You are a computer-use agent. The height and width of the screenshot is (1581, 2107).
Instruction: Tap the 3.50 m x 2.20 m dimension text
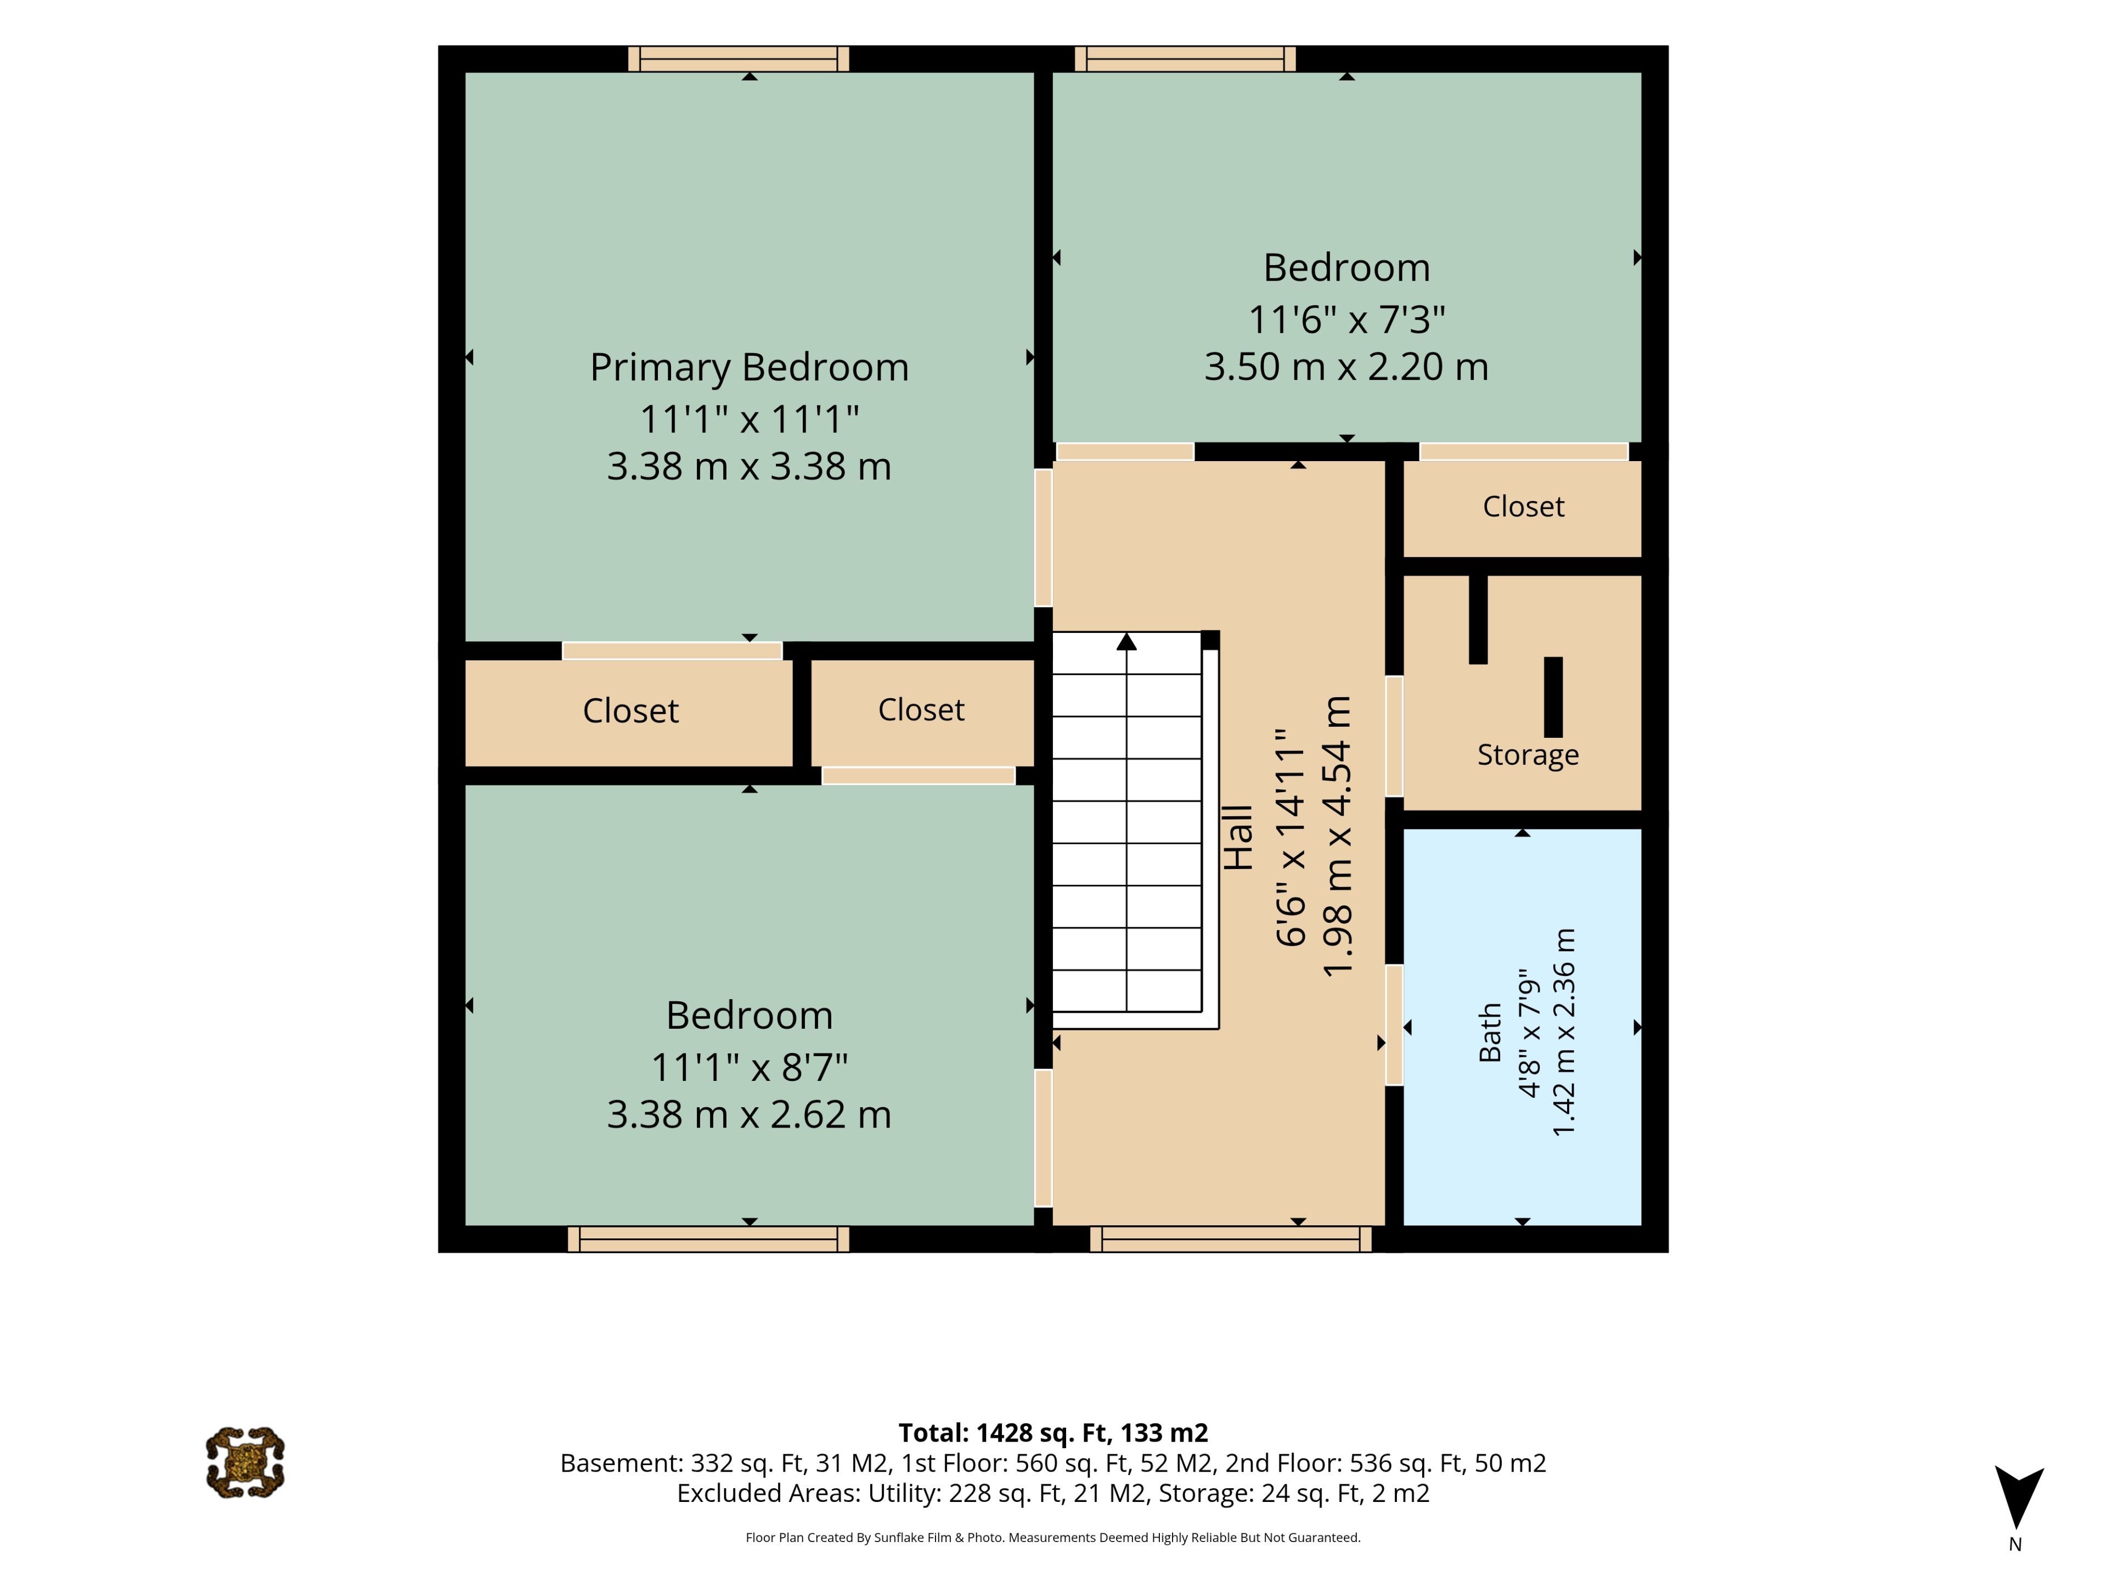pyautogui.click(x=1346, y=367)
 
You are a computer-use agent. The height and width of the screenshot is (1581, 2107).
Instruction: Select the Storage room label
pyautogui.click(x=1528, y=755)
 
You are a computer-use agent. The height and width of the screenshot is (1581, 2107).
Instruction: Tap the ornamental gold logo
pyautogui.click(x=245, y=1463)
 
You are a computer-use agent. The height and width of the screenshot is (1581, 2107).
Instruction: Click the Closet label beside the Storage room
pyautogui.click(x=1523, y=506)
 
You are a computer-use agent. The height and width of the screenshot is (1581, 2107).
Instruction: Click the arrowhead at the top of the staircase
pyautogui.click(x=1127, y=641)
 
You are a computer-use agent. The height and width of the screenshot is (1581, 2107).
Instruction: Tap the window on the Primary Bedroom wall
pyautogui.click(x=738, y=59)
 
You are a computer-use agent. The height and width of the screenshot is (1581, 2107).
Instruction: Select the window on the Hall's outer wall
pyautogui.click(x=1231, y=1239)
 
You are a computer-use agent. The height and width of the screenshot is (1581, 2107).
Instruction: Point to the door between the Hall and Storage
pyautogui.click(x=1394, y=736)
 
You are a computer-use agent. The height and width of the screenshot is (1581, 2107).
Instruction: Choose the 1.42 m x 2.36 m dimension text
pyautogui.click(x=1564, y=1032)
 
